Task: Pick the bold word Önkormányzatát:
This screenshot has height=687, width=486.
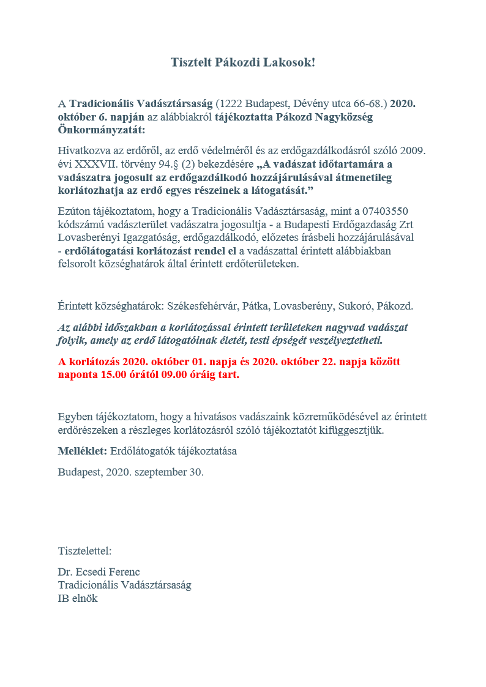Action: point(102,130)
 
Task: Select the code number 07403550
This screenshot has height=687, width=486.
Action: point(384,210)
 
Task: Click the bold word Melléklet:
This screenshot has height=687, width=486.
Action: point(83,451)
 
